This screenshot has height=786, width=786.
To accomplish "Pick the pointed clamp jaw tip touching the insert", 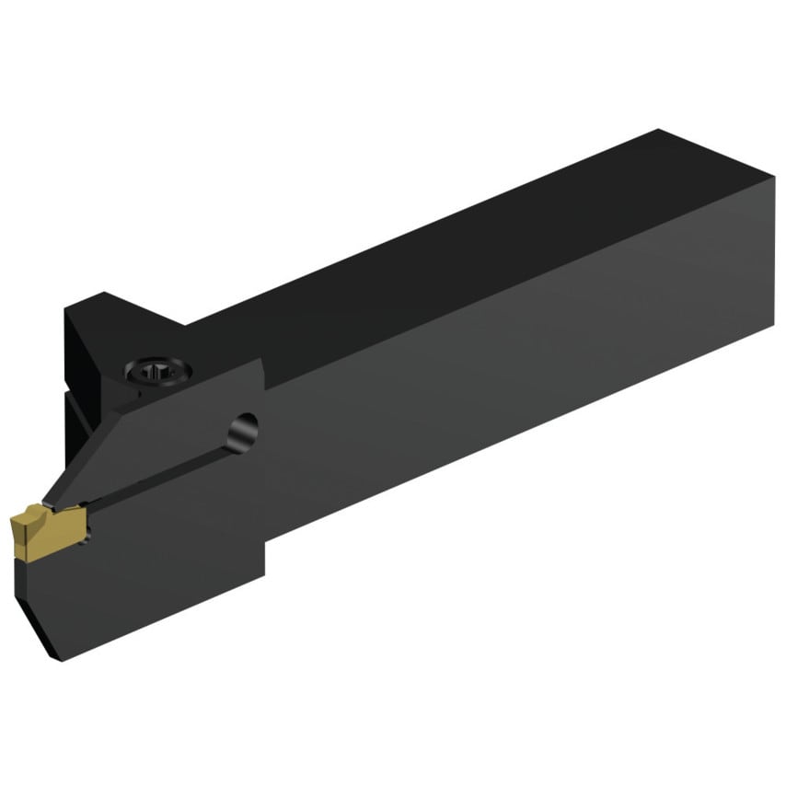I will point(51,502).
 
